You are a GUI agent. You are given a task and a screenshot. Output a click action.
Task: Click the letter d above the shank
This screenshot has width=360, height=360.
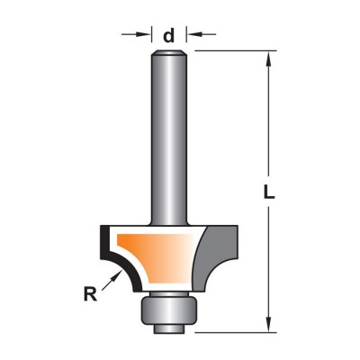coord(168,36)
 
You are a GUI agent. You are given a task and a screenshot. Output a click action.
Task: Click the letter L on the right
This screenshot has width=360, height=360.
coord(269,192)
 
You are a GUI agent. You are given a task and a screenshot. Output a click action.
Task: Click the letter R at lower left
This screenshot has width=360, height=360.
coord(90,294)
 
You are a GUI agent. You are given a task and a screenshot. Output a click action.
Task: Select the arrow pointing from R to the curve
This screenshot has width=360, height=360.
coord(112,280)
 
